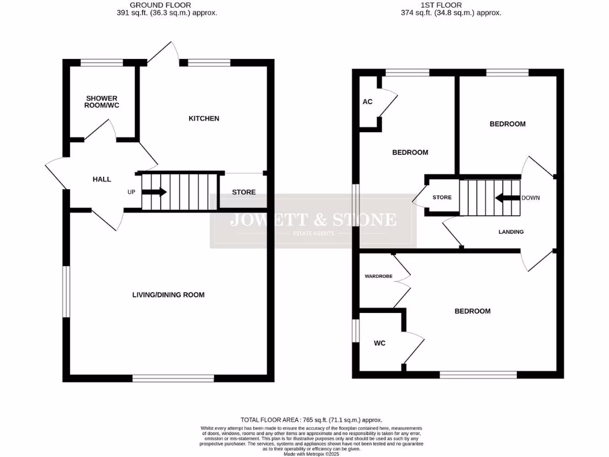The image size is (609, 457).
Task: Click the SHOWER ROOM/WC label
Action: pyautogui.click(x=102, y=102)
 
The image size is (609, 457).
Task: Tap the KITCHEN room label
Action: pyautogui.click(x=204, y=118)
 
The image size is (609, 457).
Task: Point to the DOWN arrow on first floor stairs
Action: pyautogui.click(x=507, y=198)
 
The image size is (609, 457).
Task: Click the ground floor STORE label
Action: pyautogui.click(x=244, y=192)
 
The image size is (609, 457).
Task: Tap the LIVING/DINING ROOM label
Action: pyautogui.click(x=172, y=295)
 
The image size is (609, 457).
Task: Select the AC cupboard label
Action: pyautogui.click(x=368, y=102)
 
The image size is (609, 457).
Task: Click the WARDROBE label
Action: pyautogui.click(x=378, y=276)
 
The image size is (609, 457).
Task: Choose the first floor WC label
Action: pyautogui.click(x=380, y=343)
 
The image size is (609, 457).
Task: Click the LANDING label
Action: pyautogui.click(x=511, y=231)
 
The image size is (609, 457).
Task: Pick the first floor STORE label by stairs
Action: pyautogui.click(x=442, y=198)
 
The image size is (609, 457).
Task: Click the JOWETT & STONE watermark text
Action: pyautogui.click(x=313, y=220)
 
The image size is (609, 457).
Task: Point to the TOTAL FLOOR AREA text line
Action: pyautogui.click(x=311, y=420)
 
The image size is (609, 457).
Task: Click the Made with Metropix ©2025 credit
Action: pyautogui.click(x=311, y=453)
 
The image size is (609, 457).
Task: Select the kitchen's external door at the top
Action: pyautogui.click(x=164, y=54)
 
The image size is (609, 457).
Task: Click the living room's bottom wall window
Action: pyautogui.click(x=173, y=378)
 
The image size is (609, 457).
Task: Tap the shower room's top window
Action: pyautogui.click(x=102, y=62)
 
